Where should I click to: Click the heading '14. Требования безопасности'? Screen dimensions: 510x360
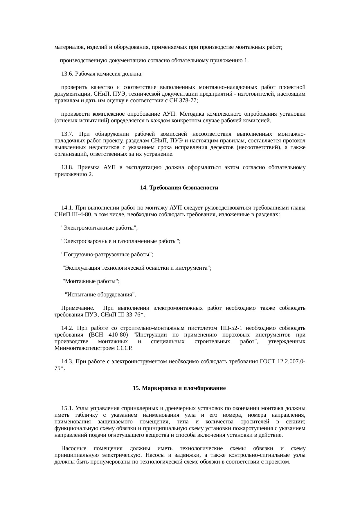(x=179, y=188)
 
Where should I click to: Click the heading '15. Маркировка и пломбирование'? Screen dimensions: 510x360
(x=179, y=388)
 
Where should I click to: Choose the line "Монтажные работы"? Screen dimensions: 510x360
(x=91, y=281)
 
